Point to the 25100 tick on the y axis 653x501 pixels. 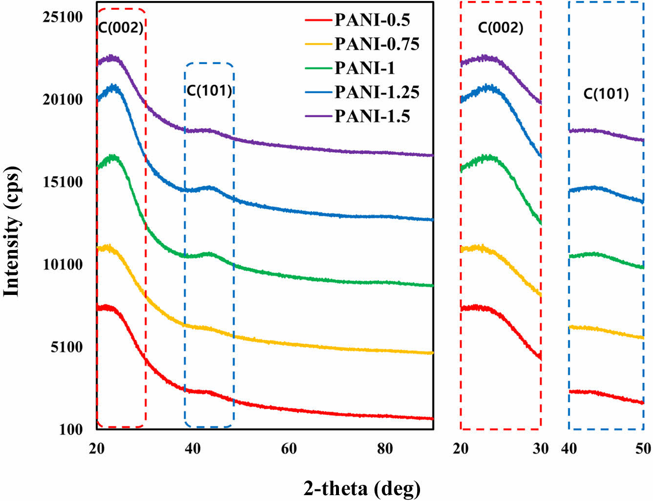coord(63,17)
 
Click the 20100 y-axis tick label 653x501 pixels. coord(63,100)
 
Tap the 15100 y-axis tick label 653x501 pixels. coord(63,182)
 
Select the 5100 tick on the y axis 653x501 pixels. coord(67,347)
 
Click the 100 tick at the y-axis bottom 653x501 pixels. coord(71,430)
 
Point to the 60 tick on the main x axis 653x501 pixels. coord(289,448)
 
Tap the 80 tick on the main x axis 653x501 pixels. coord(385,448)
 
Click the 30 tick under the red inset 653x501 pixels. coord(541,448)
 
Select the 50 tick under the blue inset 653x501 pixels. coord(643,448)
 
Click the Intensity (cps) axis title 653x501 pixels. coord(11,231)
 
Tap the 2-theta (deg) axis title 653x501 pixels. coord(362,488)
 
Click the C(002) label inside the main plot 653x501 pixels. coord(121,27)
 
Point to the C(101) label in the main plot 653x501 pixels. coord(209,90)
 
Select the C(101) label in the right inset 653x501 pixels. coord(606,94)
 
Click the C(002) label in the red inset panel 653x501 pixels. coord(501,27)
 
